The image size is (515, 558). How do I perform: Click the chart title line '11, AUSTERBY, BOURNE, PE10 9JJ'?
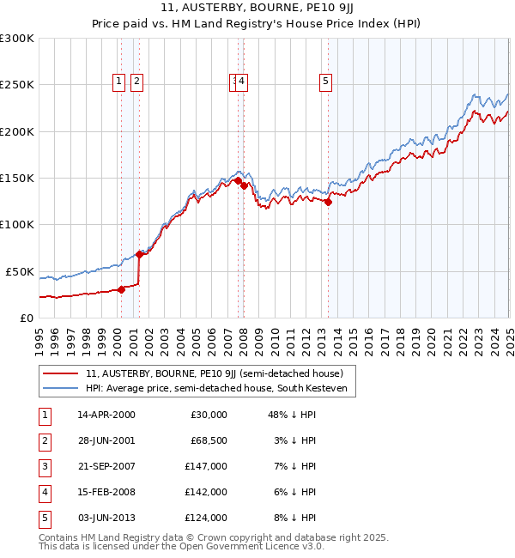(257, 9)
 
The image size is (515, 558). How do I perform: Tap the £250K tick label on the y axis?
(16, 85)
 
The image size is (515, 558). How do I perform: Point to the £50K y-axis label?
(20, 271)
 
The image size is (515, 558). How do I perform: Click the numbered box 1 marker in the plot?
(118, 82)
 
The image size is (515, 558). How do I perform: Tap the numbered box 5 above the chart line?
(326, 82)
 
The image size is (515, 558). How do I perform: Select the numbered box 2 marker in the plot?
(137, 82)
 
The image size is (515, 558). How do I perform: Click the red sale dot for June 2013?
(328, 202)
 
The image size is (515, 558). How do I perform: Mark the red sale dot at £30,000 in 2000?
(121, 289)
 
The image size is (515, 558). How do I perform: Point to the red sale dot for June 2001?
(140, 254)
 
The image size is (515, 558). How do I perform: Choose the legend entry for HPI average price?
(214, 389)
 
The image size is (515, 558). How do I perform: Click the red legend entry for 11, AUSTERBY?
(214, 373)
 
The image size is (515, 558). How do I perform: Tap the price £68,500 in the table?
(206, 440)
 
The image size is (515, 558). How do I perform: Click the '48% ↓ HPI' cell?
(286, 415)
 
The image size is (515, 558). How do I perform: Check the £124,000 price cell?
(206, 518)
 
